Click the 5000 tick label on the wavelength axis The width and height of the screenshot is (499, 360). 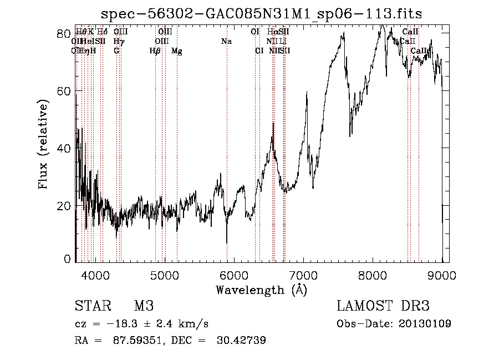coord(164,274)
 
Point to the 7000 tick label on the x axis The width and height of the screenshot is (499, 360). coord(303,274)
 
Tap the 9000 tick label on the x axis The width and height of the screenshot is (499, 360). coord(442,274)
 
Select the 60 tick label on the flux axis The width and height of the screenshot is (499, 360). coord(64,90)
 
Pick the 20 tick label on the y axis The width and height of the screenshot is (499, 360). coord(64,206)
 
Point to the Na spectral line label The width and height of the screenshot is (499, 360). coord(226,42)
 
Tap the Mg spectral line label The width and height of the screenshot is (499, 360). coord(176,51)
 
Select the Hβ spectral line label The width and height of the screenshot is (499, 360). coord(155,51)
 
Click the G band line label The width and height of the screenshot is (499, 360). coord(116,51)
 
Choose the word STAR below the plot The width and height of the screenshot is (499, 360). coord(92,306)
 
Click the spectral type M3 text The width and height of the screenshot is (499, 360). coord(144,306)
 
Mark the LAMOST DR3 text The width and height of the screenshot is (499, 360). coord(383,306)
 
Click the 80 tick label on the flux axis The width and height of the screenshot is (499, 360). coord(64,33)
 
